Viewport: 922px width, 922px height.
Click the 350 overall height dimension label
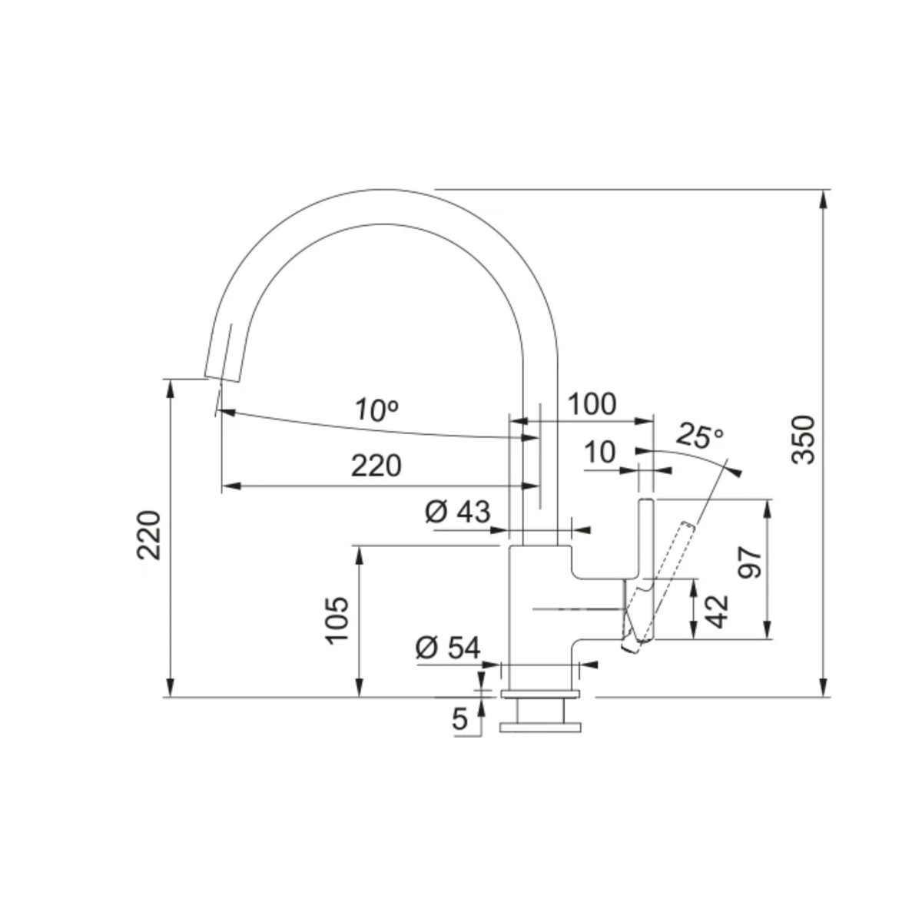pyautogui.click(x=802, y=439)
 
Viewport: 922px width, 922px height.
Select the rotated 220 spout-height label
pyautogui.click(x=149, y=536)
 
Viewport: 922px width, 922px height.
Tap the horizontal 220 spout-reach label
pyautogui.click(x=376, y=466)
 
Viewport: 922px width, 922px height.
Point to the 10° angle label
pyautogui.click(x=376, y=410)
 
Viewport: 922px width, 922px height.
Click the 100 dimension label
pyautogui.click(x=592, y=404)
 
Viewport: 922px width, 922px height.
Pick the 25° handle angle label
pyautogui.click(x=700, y=436)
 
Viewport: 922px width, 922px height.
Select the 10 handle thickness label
pyautogui.click(x=599, y=452)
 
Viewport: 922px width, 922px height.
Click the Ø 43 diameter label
pyautogui.click(x=457, y=512)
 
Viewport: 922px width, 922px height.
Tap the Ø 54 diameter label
pyautogui.click(x=447, y=648)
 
